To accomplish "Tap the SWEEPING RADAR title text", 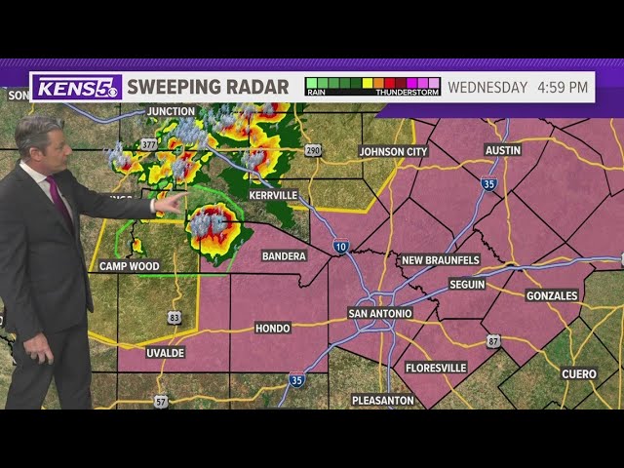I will [x=208, y=87].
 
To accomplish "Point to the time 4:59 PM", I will [x=563, y=87].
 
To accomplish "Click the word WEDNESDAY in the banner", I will [x=487, y=87].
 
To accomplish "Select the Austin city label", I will [x=503, y=149].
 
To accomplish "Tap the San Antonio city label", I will [x=380, y=313].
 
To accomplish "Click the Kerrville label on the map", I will [x=273, y=195].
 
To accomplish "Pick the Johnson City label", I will [x=393, y=151].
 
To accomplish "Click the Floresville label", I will [x=436, y=368].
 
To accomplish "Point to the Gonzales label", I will [x=552, y=294].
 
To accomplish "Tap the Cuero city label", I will [x=579, y=373].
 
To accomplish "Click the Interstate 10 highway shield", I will [x=339, y=248].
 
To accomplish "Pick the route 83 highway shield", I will [x=175, y=317].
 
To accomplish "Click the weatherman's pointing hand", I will [x=172, y=203].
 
